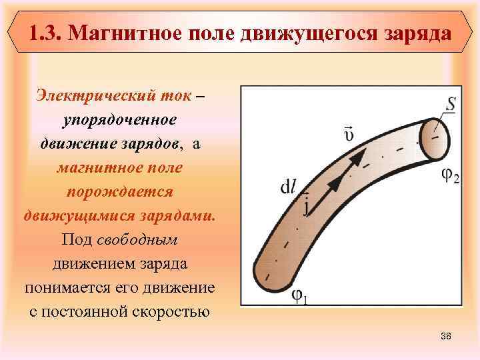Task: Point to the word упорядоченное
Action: (x=119, y=119)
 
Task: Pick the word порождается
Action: (x=119, y=191)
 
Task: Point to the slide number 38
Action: (x=446, y=337)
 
